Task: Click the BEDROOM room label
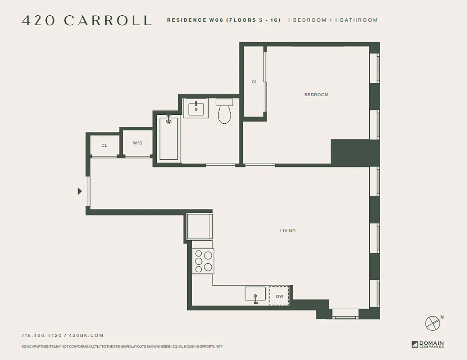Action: click(316, 95)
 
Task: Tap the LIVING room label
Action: click(288, 231)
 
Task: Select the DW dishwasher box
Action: click(279, 296)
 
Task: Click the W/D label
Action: click(138, 143)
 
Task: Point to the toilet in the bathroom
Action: click(224, 112)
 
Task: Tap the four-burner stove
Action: click(203, 261)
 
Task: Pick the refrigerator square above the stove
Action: click(199, 227)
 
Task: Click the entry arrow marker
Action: click(80, 191)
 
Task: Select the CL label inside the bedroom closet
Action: click(254, 82)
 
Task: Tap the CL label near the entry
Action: click(104, 145)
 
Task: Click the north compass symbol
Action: click(433, 322)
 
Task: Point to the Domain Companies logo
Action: click(427, 344)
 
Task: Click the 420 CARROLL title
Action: click(86, 21)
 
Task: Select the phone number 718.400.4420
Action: click(42, 335)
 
